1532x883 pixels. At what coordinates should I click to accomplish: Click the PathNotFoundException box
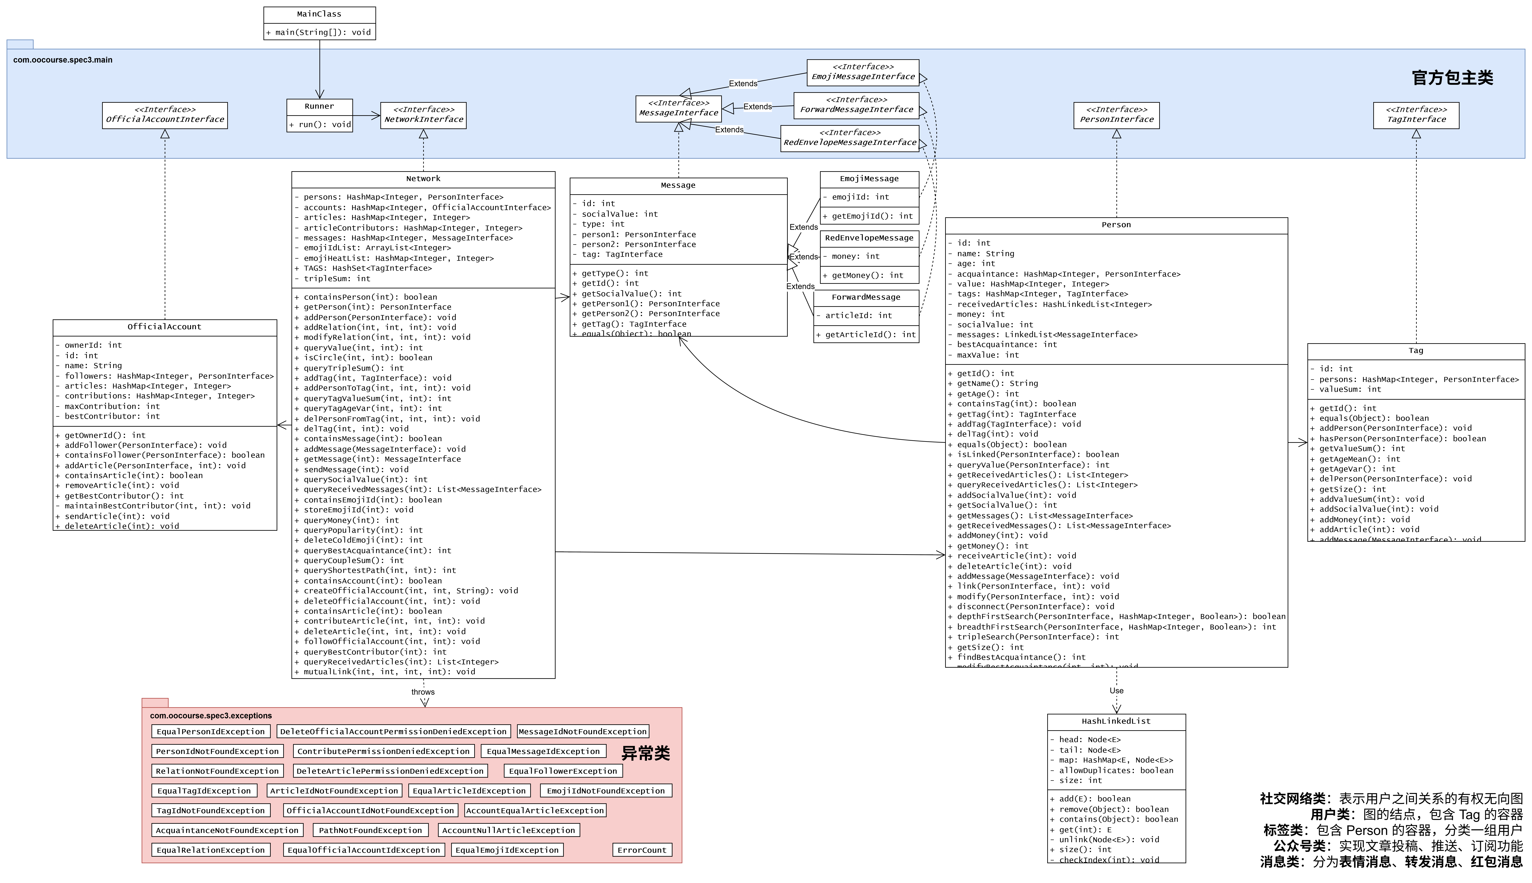[x=370, y=830]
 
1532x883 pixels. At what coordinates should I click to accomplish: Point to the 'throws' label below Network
[x=423, y=692]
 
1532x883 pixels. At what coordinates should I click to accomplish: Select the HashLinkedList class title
[x=1116, y=721]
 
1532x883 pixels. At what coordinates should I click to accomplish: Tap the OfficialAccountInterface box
[x=165, y=115]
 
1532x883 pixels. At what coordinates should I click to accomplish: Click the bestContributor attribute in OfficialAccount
[x=112, y=416]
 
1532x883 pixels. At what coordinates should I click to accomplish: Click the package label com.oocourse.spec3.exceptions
[x=211, y=716]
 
